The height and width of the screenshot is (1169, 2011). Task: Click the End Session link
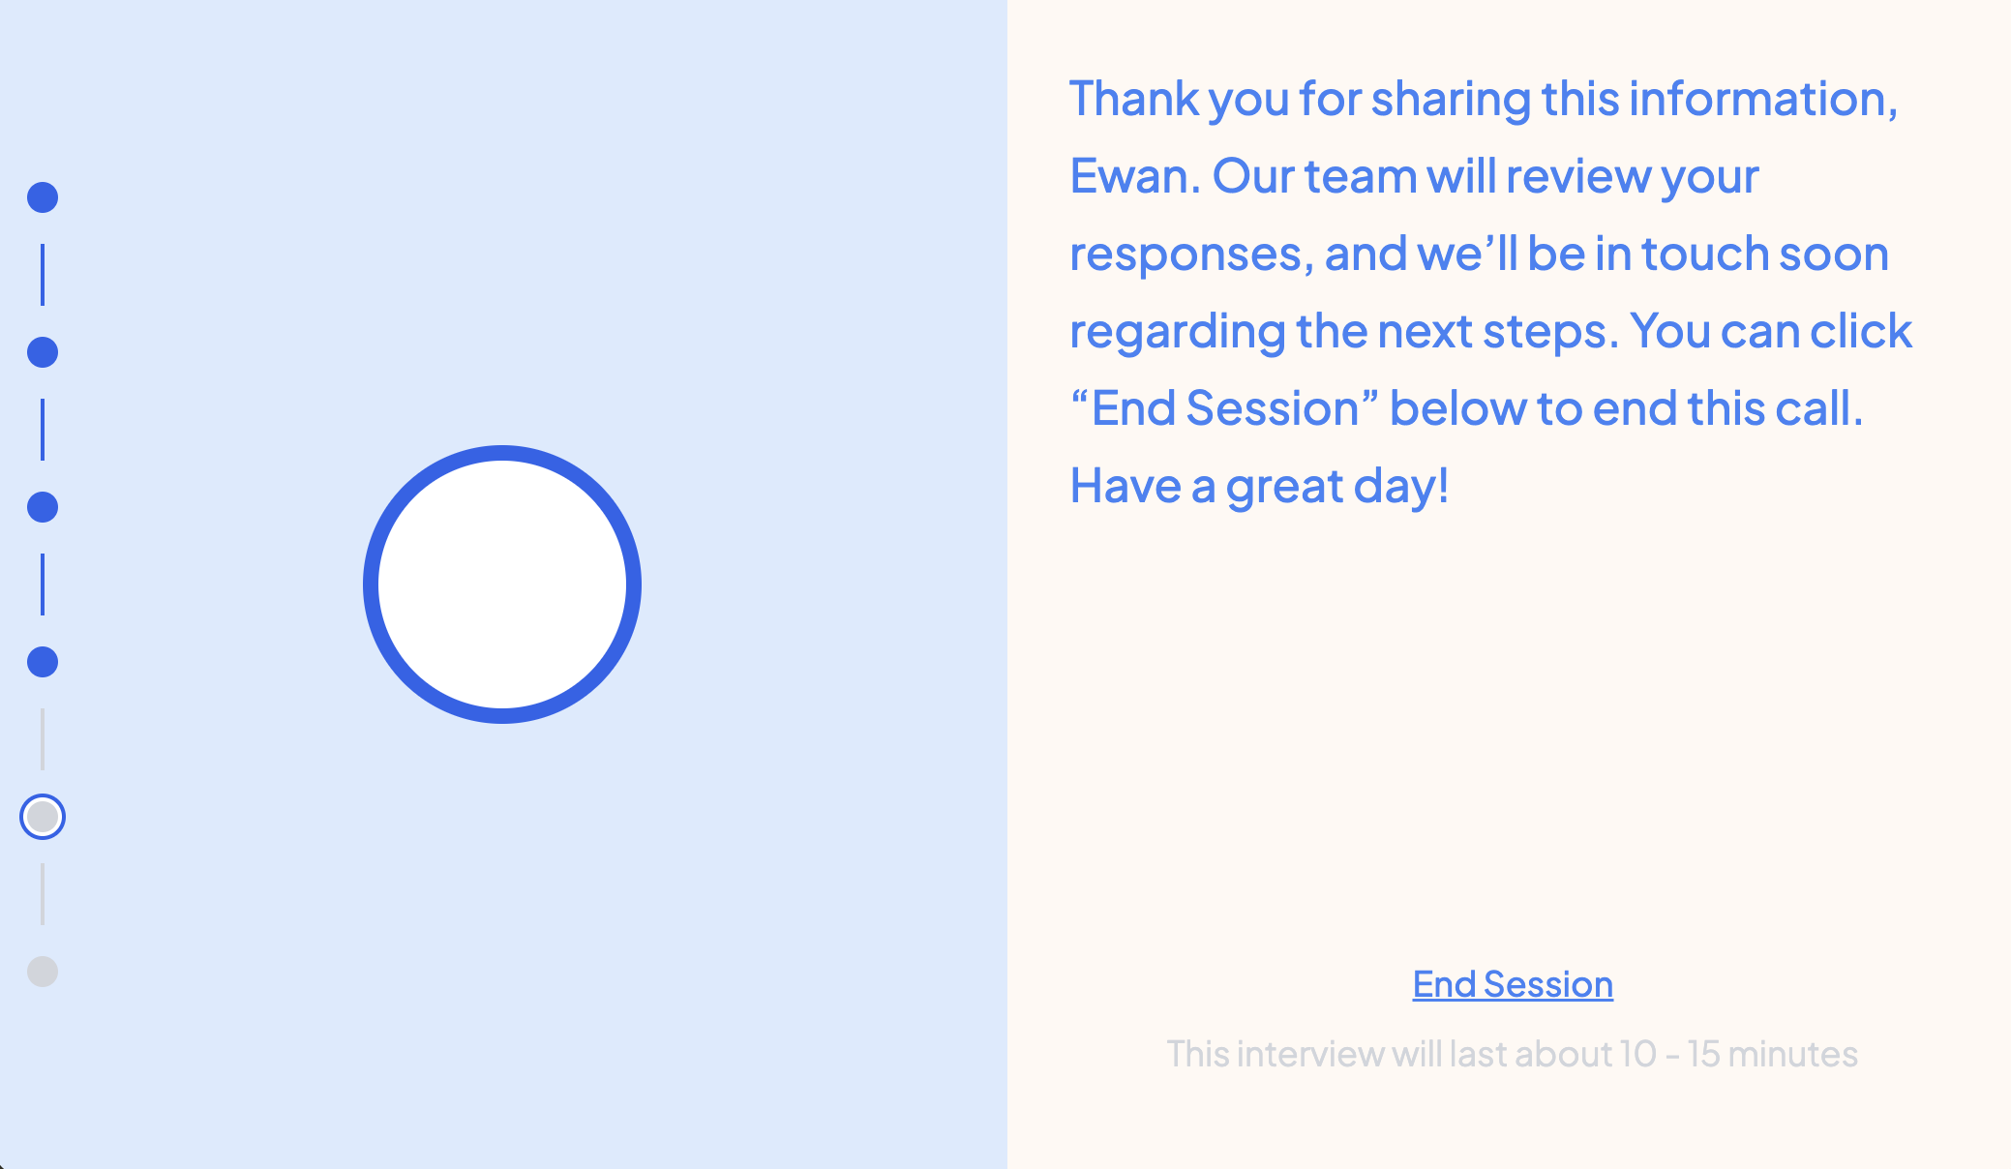[x=1513, y=984]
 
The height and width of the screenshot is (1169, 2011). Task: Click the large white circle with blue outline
[x=502, y=584]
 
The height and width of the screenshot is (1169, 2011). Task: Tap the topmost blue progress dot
[x=43, y=197]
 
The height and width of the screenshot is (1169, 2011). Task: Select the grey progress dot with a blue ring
[x=43, y=817]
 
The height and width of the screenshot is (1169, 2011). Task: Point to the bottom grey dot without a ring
[x=43, y=972]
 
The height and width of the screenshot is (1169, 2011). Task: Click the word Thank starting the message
[x=1134, y=99]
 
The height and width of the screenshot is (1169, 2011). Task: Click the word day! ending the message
[x=1401, y=488]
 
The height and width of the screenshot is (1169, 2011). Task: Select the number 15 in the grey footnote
[x=1702, y=1054]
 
